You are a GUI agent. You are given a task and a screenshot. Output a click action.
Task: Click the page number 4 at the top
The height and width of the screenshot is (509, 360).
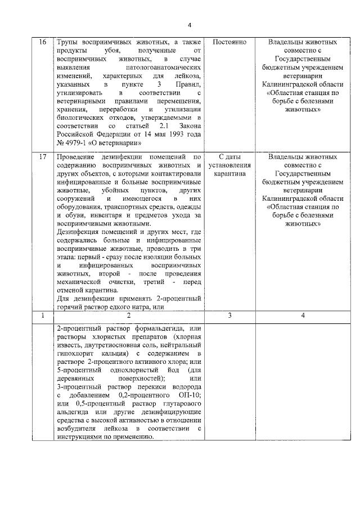coord(190,25)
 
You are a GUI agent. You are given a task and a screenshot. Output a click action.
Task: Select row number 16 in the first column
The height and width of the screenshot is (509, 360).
coord(43,42)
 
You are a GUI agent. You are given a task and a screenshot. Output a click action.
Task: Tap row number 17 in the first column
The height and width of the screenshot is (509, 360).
coord(43,157)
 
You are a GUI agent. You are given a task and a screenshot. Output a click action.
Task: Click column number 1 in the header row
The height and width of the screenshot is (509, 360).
coord(43,316)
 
